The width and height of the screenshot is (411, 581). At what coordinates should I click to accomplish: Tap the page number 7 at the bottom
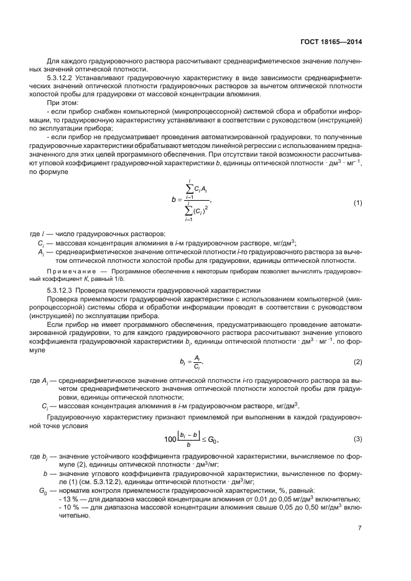point(359,528)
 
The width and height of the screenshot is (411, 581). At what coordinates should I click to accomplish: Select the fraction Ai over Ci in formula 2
point(196,362)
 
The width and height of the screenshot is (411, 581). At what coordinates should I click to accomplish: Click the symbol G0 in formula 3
point(213,440)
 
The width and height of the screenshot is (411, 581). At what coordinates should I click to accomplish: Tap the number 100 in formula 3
point(170,440)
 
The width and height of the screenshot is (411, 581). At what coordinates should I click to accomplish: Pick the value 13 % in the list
point(68,499)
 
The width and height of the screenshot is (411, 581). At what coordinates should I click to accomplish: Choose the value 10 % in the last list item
point(68,507)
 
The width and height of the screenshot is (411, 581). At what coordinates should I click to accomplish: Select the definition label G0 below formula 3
point(43,491)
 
